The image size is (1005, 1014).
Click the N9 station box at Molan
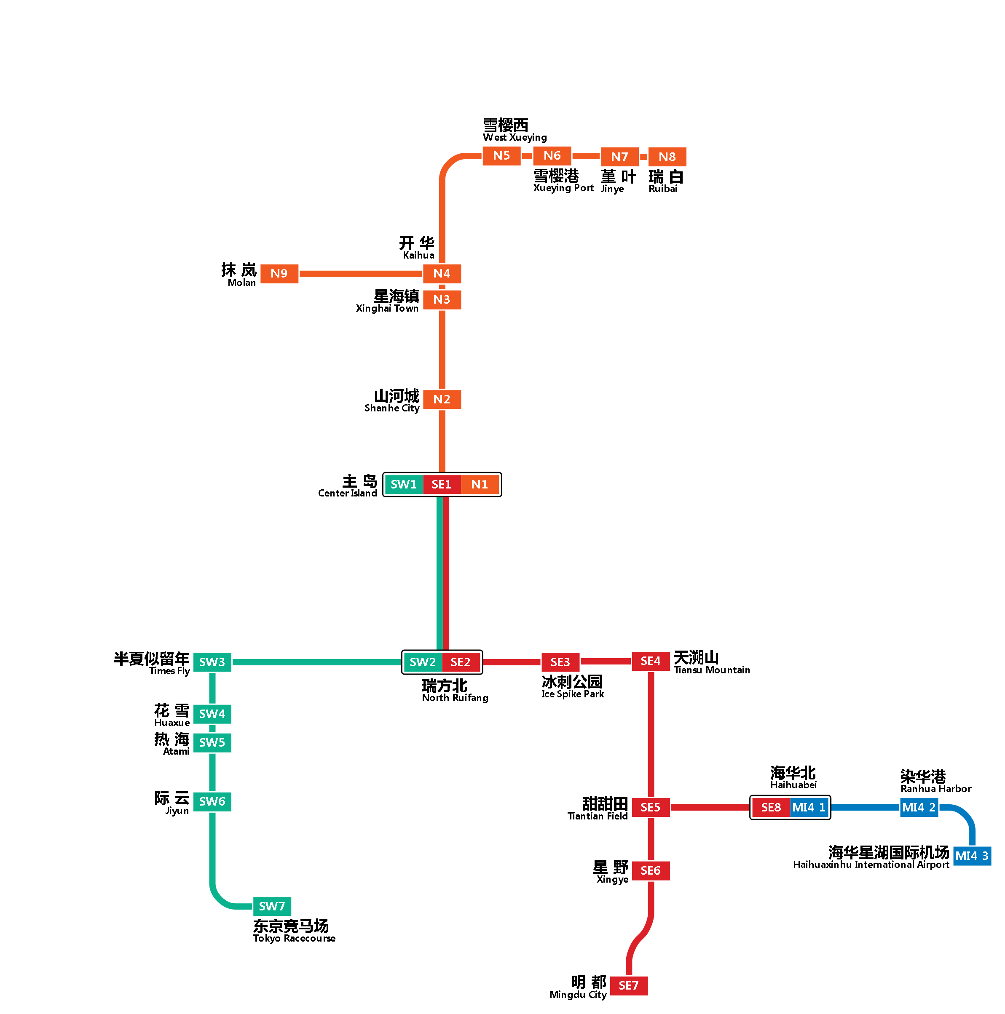click(x=279, y=273)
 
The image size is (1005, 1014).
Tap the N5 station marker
click(x=501, y=155)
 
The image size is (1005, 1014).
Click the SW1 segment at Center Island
click(x=403, y=484)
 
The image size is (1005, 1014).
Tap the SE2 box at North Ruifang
click(x=460, y=662)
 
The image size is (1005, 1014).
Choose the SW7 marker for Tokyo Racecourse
click(x=271, y=906)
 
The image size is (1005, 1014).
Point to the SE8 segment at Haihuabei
click(x=770, y=807)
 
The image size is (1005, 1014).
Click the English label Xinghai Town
click(x=387, y=309)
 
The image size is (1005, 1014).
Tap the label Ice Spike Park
click(x=572, y=694)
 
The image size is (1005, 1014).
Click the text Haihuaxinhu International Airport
click(x=871, y=865)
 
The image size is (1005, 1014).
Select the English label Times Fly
click(x=169, y=671)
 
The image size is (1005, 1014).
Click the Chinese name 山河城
click(x=397, y=396)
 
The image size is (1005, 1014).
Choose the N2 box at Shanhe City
click(x=442, y=399)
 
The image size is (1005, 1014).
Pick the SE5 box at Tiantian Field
click(x=650, y=807)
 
